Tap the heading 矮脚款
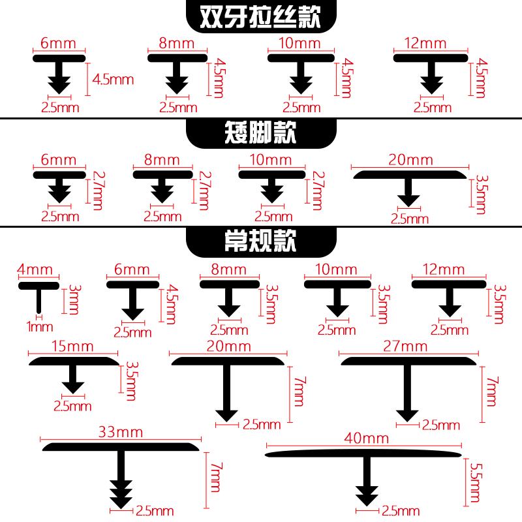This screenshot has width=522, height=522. click(260, 134)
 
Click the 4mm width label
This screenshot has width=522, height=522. click(39, 269)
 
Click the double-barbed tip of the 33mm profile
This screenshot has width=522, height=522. click(121, 497)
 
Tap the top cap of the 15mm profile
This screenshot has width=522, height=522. click(73, 360)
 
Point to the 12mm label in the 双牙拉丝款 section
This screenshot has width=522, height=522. click(431, 44)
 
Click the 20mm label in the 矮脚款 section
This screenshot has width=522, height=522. click(410, 159)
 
